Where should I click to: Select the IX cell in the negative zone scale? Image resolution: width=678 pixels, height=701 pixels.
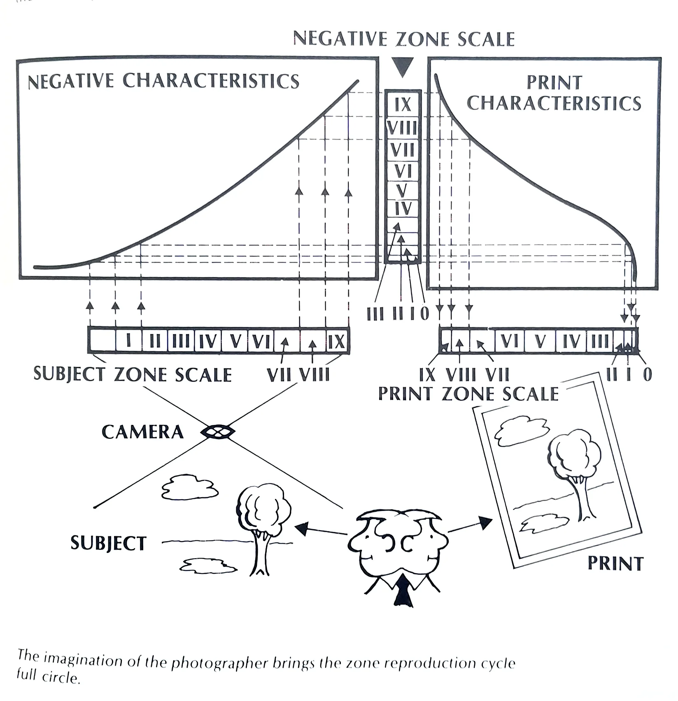click(403, 105)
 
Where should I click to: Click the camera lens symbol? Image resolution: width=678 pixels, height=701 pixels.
click(218, 432)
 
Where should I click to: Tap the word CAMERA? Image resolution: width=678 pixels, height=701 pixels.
click(142, 432)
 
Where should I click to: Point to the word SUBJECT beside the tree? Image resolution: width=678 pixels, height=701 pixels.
click(108, 543)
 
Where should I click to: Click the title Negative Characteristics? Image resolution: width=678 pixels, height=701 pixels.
click(163, 81)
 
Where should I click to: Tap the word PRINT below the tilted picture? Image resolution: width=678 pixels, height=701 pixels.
click(615, 564)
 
